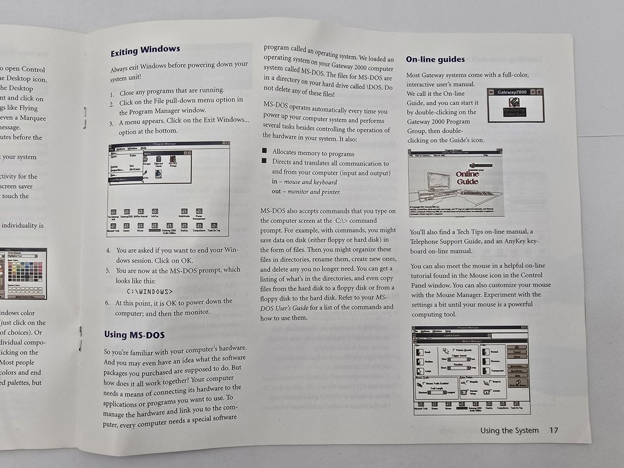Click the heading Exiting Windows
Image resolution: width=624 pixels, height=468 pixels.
pyautogui.click(x=145, y=49)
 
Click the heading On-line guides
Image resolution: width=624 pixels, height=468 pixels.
pyautogui.click(x=435, y=59)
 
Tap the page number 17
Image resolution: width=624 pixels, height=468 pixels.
pyautogui.click(x=553, y=430)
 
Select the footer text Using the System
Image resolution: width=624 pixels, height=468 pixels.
pyautogui.click(x=509, y=430)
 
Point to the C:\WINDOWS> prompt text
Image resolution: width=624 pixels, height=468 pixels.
pyautogui.click(x=150, y=291)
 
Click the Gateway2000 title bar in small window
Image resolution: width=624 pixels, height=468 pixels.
pyautogui.click(x=514, y=92)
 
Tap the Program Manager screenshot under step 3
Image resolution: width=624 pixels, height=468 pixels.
pyautogui.click(x=168, y=188)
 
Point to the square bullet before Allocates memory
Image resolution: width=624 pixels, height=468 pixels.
pyautogui.click(x=265, y=153)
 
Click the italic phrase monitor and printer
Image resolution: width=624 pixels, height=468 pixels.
pyautogui.click(x=314, y=192)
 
